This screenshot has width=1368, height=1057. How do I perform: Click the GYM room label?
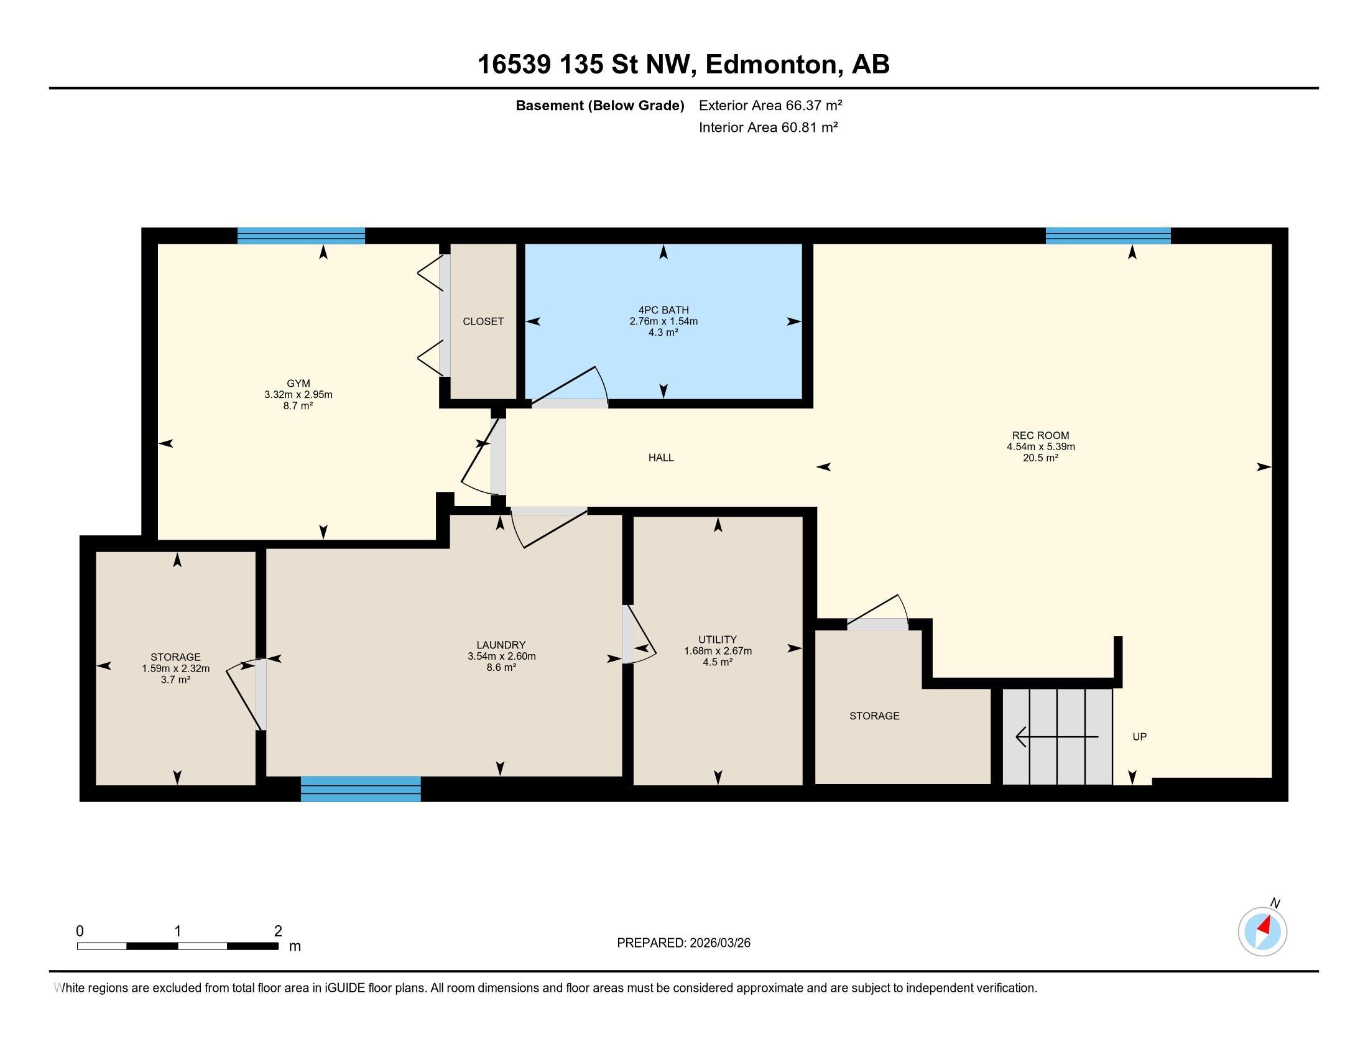click(x=298, y=383)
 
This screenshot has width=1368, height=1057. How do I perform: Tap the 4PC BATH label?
click(x=663, y=310)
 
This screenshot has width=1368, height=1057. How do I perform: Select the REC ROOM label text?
click(x=1040, y=436)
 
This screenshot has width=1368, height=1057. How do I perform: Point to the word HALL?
click(x=661, y=458)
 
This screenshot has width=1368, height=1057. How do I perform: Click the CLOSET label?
click(x=483, y=321)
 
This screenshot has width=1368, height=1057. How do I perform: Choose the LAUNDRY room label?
click(x=501, y=645)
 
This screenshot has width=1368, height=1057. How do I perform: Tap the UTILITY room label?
click(x=717, y=639)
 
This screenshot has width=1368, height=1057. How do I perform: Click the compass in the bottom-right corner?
click(x=1262, y=931)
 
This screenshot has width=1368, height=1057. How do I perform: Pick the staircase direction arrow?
click(x=1056, y=737)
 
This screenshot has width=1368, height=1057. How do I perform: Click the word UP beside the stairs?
click(x=1139, y=737)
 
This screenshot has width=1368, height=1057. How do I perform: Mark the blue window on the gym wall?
click(x=302, y=236)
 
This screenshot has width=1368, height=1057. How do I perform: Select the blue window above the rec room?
click(x=1108, y=236)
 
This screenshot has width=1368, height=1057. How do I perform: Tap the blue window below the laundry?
click(x=361, y=789)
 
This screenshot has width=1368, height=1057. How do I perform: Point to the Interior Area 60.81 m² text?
click(x=768, y=127)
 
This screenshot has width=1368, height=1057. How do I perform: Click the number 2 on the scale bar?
click(x=277, y=931)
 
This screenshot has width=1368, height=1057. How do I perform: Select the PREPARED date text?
click(x=683, y=943)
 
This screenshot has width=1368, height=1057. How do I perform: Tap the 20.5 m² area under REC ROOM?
click(x=1040, y=458)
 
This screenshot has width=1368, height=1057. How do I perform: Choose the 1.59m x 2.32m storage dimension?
click(x=175, y=668)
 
